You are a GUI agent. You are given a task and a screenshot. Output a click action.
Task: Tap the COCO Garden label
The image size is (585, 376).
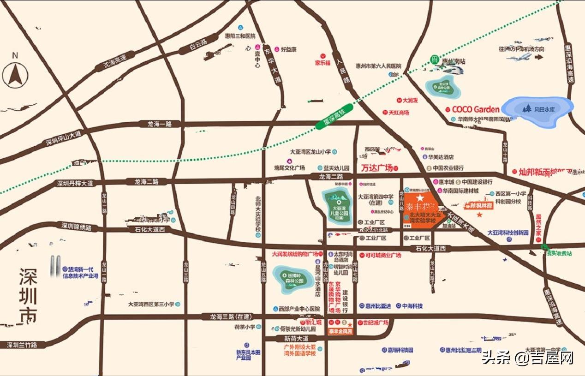click(x=475, y=109)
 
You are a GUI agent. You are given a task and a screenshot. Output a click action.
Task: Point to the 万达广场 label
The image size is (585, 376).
click(x=376, y=168)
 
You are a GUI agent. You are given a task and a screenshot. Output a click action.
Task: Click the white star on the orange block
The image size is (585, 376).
click(x=420, y=197)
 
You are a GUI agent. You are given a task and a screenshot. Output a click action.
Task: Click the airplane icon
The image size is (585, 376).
click(x=520, y=57)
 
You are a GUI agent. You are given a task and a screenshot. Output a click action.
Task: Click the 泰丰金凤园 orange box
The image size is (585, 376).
click(x=340, y=331)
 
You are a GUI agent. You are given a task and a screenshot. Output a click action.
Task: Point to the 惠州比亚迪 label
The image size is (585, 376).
click(x=377, y=305)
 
